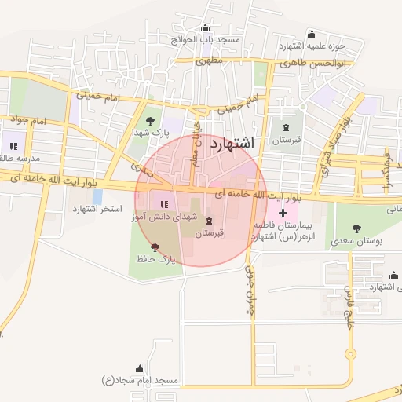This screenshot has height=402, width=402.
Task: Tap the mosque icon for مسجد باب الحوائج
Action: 206,28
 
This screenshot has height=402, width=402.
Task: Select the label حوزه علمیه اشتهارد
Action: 337,46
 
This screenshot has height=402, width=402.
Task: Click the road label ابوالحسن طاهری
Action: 312,62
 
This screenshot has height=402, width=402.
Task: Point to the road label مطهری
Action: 210,60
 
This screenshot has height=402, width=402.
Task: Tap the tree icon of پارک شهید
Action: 150,120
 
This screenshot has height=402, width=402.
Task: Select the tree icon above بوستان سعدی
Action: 357,228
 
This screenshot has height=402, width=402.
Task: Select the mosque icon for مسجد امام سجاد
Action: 141,368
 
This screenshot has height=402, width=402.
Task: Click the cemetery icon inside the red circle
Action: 208,221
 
